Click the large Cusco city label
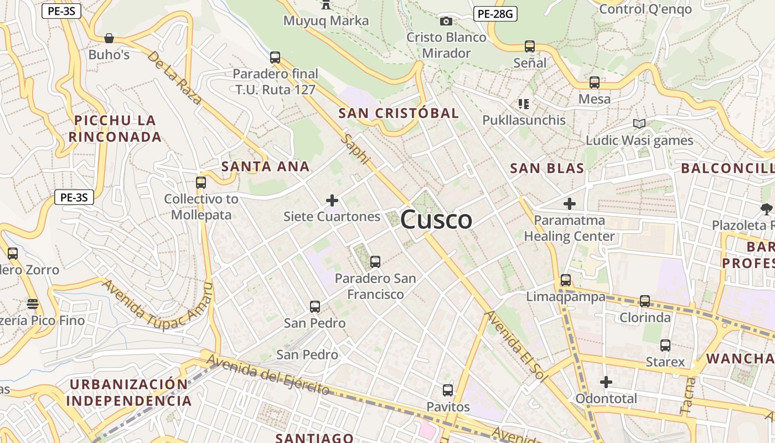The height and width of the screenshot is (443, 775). tap(436, 220)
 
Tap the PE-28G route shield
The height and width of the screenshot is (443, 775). tap(495, 14)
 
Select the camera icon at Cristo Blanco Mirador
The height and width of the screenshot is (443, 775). tap(446, 22)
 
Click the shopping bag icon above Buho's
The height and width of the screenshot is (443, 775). tap(109, 38)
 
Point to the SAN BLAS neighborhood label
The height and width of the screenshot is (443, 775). tap(547, 168)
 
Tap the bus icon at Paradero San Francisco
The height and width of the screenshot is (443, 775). tap(375, 261)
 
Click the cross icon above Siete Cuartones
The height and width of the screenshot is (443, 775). tap(332, 200)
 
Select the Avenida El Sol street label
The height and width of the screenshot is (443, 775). tap(515, 347)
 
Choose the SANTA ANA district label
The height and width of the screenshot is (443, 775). tap(265, 166)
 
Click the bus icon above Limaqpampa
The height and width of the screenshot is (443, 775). tap(565, 280)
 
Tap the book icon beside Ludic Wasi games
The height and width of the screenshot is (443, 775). tap(639, 123)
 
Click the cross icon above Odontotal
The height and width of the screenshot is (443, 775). tap(606, 382)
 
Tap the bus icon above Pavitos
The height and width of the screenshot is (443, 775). tap(448, 390)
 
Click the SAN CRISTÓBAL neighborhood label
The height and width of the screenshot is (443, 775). tap(399, 114)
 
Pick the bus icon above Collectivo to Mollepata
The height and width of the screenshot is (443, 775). tap(201, 182)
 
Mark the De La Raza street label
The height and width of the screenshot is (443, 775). tap(174, 78)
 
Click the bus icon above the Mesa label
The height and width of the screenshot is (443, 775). tap(595, 83)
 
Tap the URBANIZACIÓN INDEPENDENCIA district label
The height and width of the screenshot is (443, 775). tap(129, 392)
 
